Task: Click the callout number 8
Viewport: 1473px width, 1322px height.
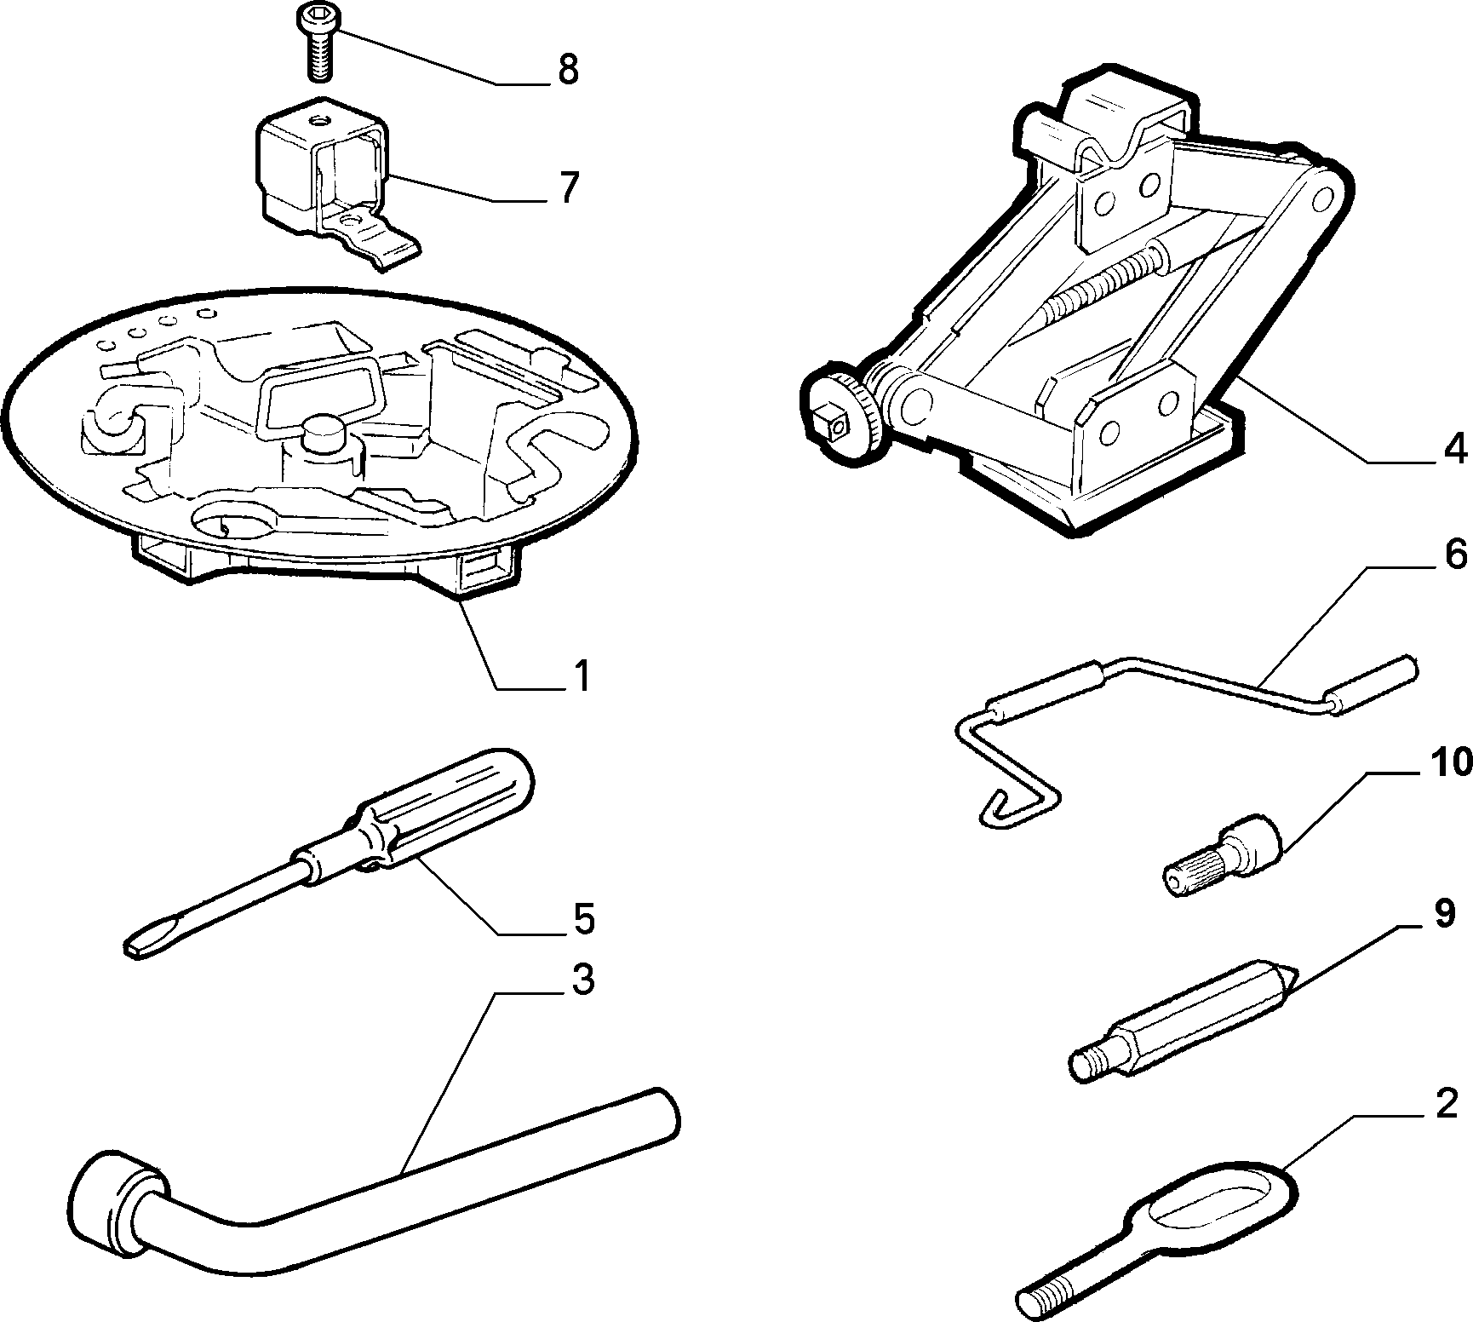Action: [568, 70]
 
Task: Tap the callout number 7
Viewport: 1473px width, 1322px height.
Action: [567, 187]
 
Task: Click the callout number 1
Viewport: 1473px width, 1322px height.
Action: [581, 677]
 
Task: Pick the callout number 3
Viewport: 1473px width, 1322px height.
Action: [582, 981]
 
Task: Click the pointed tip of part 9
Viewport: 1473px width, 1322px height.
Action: [1289, 977]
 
